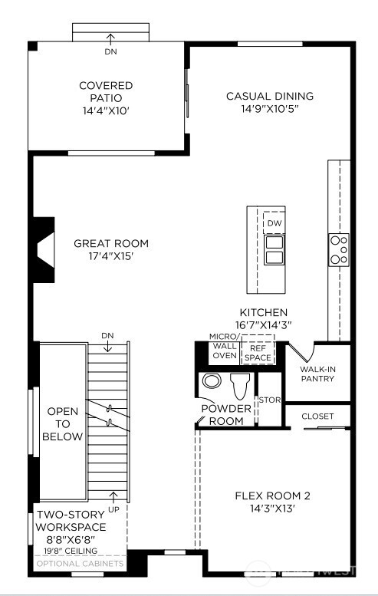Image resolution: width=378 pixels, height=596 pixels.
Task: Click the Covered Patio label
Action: [106, 86]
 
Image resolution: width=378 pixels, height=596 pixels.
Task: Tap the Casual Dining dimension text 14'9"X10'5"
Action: [269, 109]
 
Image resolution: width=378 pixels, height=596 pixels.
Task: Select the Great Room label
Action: [111, 244]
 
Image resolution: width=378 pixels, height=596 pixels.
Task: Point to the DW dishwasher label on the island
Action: [274, 224]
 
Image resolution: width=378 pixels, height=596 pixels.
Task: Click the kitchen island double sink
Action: [274, 249]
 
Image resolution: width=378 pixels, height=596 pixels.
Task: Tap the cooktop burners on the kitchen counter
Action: [339, 250]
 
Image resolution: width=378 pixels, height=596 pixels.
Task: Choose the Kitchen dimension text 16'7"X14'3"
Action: [264, 325]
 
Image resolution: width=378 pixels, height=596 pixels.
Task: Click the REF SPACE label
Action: [258, 353]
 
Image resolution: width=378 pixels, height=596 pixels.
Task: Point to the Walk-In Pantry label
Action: [317, 374]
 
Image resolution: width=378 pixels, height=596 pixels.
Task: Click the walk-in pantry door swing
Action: [301, 351]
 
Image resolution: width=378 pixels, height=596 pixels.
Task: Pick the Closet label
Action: [317, 417]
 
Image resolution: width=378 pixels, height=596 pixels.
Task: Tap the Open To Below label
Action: [63, 424]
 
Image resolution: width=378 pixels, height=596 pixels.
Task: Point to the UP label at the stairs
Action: [113, 509]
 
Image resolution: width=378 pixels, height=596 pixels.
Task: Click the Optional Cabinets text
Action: [79, 564]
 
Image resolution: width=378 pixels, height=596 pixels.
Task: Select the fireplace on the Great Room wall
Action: [42, 247]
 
